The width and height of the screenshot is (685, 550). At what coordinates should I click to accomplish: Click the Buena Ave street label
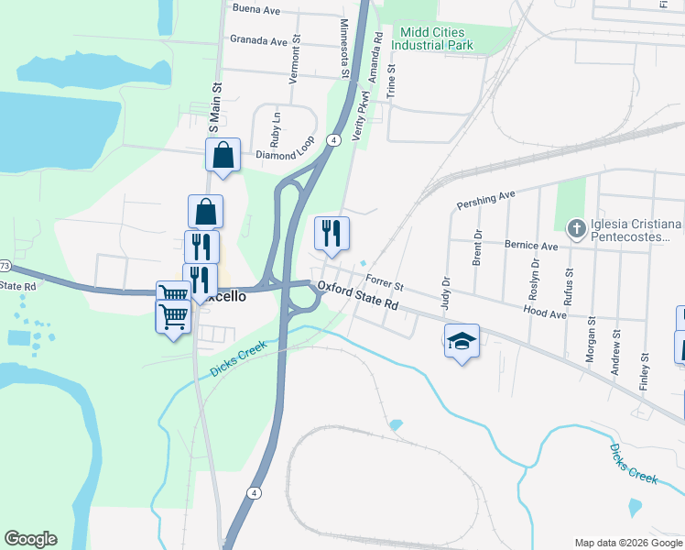tap(256, 8)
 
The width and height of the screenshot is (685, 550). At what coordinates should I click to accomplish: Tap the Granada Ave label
tap(259, 40)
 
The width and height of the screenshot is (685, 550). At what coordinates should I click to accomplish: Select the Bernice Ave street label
tap(531, 246)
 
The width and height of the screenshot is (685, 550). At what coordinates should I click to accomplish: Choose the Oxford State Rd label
tap(360, 295)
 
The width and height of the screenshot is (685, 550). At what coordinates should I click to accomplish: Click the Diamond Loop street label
tap(285, 154)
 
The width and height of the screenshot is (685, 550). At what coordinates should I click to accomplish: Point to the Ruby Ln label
tap(275, 120)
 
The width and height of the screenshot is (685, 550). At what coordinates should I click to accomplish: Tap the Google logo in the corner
tap(30, 539)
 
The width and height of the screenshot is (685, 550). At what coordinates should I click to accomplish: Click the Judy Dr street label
tap(447, 295)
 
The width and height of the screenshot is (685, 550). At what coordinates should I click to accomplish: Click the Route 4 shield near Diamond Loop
tap(336, 139)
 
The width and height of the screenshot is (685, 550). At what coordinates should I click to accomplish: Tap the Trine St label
tap(392, 81)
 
